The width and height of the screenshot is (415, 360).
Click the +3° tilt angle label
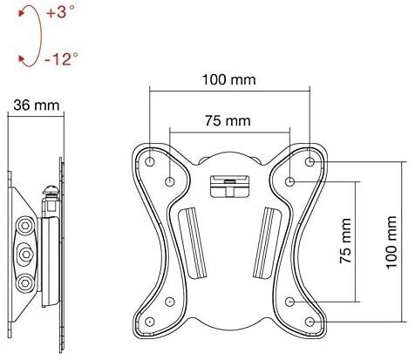click(61, 12)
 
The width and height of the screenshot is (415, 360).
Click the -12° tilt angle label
click(62, 58)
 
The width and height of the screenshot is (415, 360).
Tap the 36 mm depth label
click(36, 105)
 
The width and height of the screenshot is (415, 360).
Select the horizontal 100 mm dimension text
click(229, 79)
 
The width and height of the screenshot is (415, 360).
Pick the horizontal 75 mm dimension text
click(228, 120)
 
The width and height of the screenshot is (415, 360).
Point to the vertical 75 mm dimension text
click(345, 241)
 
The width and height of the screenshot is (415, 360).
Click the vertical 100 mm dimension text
click(391, 242)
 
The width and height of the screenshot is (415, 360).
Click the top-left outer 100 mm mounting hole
click(150, 161)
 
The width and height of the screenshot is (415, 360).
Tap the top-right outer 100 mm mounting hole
click(310, 161)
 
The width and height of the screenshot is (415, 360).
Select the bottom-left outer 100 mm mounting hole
click(149, 322)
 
